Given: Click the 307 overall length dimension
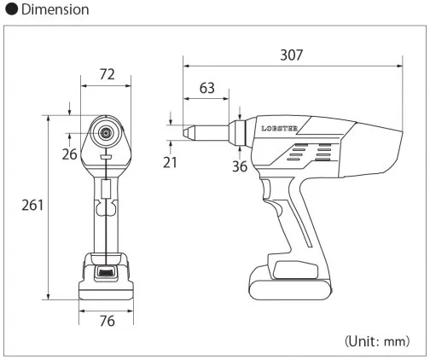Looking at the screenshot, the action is coord(292,55).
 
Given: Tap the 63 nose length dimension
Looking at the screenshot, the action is coord(207,88).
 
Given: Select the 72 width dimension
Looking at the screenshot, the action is coord(107,74).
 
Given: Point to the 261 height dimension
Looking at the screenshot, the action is coord(32,205).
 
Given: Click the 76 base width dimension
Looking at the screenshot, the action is coord(107,321).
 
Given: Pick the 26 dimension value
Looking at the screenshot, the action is coord(70,154).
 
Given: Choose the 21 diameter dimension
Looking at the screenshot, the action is coord(170,162).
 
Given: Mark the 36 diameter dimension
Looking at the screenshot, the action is coord(240,166).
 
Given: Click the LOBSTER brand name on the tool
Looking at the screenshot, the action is coord(279,129).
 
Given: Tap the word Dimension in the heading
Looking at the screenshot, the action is coord(55,9).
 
